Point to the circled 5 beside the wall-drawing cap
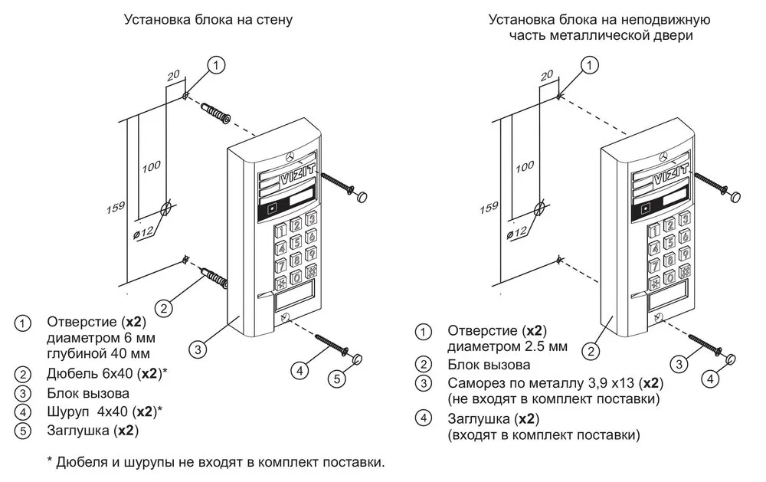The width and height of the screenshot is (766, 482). coord(339,379)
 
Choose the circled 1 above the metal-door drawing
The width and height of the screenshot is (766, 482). coord(588,66)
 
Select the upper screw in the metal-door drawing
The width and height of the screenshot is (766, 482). coord(709,185)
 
